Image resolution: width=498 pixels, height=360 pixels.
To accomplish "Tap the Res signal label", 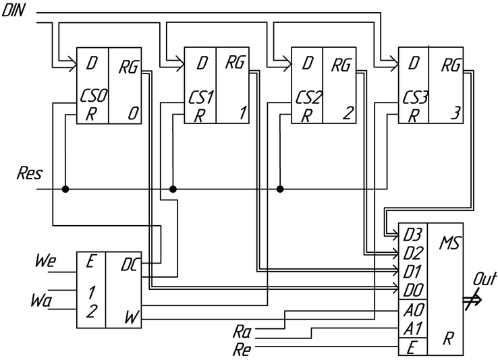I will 30,174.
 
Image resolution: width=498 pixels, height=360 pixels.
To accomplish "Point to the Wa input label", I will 43,298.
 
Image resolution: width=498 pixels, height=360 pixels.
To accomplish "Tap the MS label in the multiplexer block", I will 449,241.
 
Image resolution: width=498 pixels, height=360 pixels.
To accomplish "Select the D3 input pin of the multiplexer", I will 412,236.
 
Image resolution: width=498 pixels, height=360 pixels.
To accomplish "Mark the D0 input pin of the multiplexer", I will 412,291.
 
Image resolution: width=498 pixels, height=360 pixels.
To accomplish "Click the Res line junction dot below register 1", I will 173,189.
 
